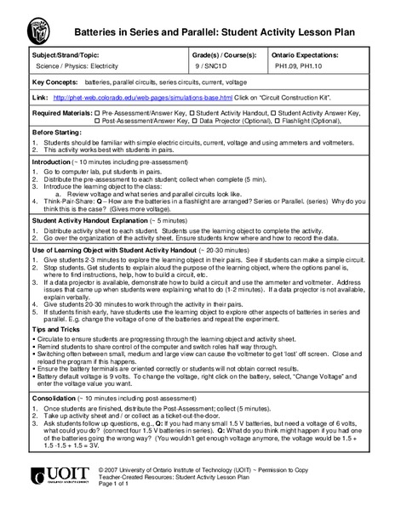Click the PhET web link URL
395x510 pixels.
coord(146,98)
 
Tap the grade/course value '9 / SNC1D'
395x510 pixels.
coord(226,64)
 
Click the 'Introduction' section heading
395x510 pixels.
coord(54,161)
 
